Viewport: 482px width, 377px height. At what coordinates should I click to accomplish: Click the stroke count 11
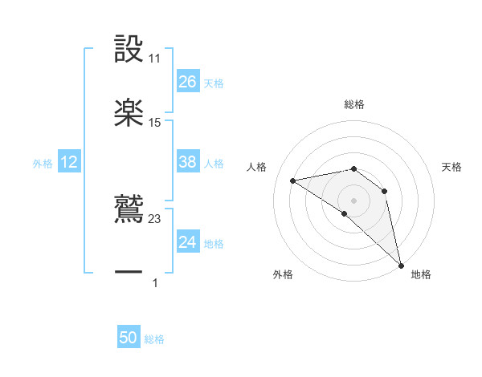click(x=155, y=59)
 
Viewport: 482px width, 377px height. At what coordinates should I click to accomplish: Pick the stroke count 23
click(x=155, y=218)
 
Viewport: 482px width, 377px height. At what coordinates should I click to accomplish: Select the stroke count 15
click(x=155, y=123)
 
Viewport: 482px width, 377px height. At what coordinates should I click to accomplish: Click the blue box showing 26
click(x=187, y=82)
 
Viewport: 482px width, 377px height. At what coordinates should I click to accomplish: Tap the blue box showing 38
click(x=187, y=162)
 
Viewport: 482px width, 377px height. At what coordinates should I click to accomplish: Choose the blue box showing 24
click(x=187, y=242)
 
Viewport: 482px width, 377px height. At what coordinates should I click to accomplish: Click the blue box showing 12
click(x=69, y=162)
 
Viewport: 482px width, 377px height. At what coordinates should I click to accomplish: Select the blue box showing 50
click(x=129, y=338)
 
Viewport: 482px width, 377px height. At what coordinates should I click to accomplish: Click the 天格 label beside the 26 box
click(x=214, y=83)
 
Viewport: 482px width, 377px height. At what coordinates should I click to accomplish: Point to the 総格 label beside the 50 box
click(x=154, y=339)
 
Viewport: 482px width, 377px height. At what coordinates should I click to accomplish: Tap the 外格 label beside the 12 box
click(x=43, y=164)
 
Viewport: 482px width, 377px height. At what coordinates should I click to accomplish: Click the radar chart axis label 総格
click(x=354, y=104)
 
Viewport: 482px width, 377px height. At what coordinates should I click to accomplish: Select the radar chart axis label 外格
click(x=283, y=274)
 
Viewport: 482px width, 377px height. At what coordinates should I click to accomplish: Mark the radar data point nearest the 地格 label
click(x=401, y=264)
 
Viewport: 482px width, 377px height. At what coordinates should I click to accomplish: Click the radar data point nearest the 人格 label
click(x=294, y=180)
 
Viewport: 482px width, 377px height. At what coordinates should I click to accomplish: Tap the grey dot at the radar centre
click(x=353, y=200)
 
